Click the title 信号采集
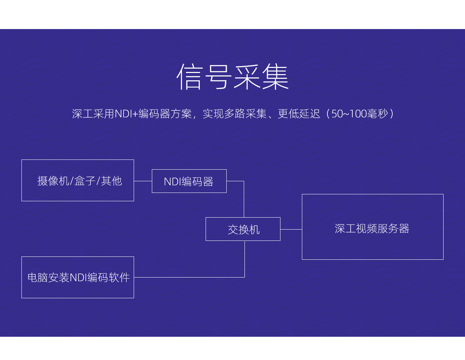232,76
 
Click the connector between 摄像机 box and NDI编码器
143,181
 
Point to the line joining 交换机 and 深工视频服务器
291,229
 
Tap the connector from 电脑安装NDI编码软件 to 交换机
244,277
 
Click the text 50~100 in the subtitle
349,114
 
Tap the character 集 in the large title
276,76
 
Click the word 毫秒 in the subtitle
378,114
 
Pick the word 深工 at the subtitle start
82,114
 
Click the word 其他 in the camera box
112,181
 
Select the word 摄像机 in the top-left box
53,181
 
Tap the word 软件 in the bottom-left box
119,278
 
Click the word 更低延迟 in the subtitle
299,114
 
